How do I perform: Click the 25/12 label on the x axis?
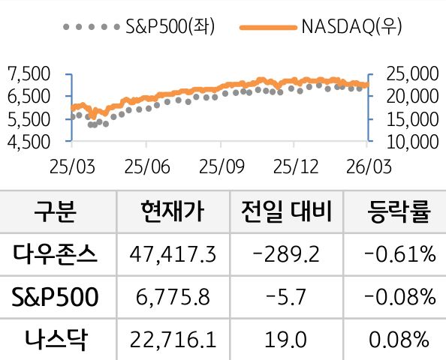pos(294,164)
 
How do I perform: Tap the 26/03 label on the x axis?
pos(368,164)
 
